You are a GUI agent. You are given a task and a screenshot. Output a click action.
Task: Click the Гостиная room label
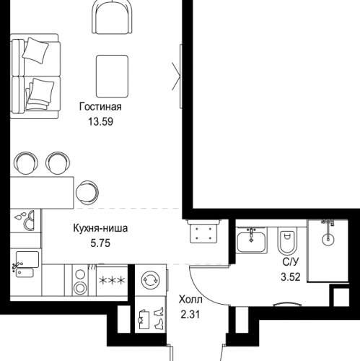point(100,108)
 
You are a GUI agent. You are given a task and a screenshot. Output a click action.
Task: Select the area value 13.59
point(100,121)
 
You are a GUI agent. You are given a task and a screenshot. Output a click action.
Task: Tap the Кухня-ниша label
point(101,230)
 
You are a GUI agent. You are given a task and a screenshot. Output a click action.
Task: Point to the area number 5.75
point(101,244)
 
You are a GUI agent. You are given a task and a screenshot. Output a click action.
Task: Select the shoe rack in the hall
point(152,318)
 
